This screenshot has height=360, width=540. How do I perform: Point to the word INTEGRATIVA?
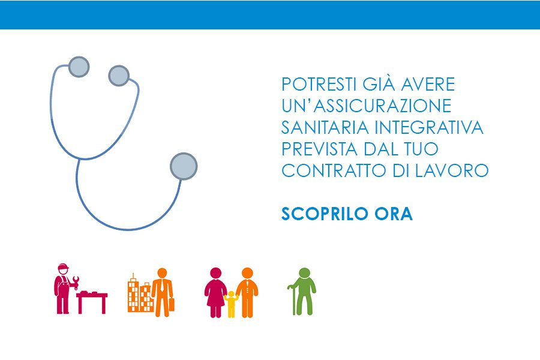pyautogui.click(x=429, y=127)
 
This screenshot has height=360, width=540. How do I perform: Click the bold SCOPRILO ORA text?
pyautogui.click(x=347, y=214)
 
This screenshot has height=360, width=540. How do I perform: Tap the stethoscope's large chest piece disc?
pyautogui.click(x=184, y=166)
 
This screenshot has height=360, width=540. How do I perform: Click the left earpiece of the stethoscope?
pyautogui.click(x=79, y=67)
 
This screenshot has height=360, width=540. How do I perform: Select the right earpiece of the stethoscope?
pyautogui.click(x=119, y=76)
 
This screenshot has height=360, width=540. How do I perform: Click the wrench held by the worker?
pyautogui.click(x=75, y=283)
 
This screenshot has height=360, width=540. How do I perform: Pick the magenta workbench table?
pyautogui.click(x=92, y=302)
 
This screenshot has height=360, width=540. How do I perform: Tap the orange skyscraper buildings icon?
pyautogui.click(x=139, y=293)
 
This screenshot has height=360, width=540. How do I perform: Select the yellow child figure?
pyautogui.click(x=231, y=304)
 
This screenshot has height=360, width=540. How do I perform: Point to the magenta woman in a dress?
pyautogui.click(x=215, y=292)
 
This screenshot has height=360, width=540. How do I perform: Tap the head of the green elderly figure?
pyautogui.click(x=304, y=273)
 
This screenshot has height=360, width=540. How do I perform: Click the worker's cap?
pyautogui.click(x=63, y=266)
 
